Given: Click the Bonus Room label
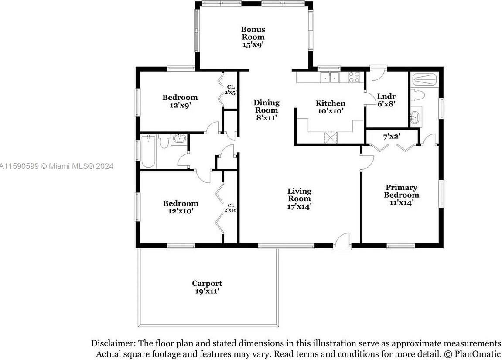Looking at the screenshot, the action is pyautogui.click(x=253, y=33).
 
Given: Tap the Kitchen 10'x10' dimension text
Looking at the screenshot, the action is pyautogui.click(x=331, y=111).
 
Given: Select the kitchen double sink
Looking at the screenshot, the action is pyautogui.click(x=330, y=77).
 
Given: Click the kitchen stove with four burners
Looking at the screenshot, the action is pyautogui.click(x=354, y=77).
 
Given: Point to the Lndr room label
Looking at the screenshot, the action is pyautogui.click(x=386, y=96).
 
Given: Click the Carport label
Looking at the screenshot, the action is pyautogui.click(x=207, y=283).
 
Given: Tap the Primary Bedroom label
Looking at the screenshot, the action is pyautogui.click(x=402, y=191).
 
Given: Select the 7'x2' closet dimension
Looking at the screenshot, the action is pyautogui.click(x=392, y=137).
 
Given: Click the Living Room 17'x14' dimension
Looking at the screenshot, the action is pyautogui.click(x=299, y=206).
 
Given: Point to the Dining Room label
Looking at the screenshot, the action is pyautogui.click(x=266, y=106).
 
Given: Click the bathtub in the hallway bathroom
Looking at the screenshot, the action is pyautogui.click(x=149, y=151).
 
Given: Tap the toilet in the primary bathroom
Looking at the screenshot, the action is pyautogui.click(x=418, y=95).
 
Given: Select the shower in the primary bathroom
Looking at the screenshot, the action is pyautogui.click(x=424, y=80).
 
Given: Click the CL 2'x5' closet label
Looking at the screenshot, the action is pyautogui.click(x=231, y=90).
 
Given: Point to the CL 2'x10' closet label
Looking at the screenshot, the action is pyautogui.click(x=231, y=208).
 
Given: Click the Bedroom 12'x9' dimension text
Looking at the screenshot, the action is pyautogui.click(x=180, y=105).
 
